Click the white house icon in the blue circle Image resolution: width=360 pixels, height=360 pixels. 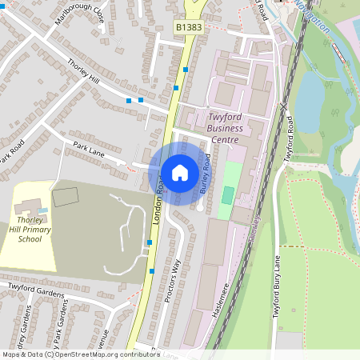coord(179,172)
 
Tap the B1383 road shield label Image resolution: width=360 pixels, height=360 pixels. coord(189,28)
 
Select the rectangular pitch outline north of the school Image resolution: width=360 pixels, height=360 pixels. coord(65,195)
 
